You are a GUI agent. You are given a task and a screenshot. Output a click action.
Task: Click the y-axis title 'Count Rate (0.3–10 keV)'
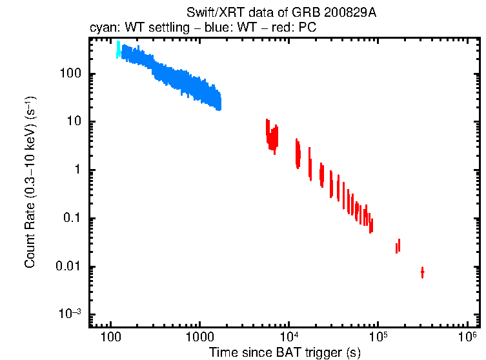pyautogui.click(x=30, y=183)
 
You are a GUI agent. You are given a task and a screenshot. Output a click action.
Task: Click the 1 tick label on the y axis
pyautogui.click(x=76, y=170)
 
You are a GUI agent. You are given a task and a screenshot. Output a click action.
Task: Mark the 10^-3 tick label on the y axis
pyautogui.click(x=69, y=314)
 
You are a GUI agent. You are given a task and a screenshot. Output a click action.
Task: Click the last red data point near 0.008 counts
pyautogui.click(x=422, y=272)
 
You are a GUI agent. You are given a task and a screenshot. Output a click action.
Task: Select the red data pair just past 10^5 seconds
pyautogui.click(x=398, y=246)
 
